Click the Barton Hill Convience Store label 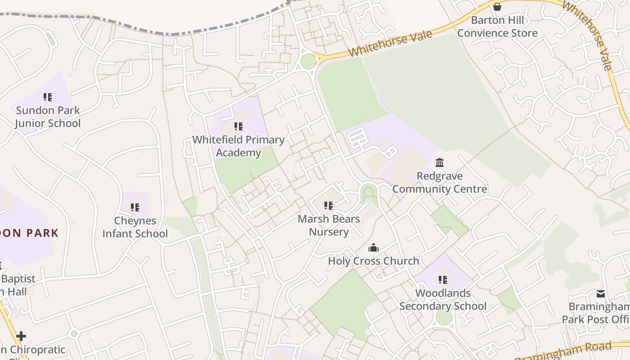pos(497,27)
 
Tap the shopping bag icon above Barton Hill pos(497,7)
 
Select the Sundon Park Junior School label pos(48,117)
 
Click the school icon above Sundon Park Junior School pos(48,97)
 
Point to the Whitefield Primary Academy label pos(238,146)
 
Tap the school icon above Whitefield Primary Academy pos(238,126)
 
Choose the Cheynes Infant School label pos(135,227)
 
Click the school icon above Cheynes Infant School pos(135,207)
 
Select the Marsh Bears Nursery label pos(329,225)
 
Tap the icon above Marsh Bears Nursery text pos(329,206)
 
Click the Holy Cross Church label pos(373,261)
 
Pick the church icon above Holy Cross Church pos(373,247)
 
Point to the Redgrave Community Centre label pos(440,182)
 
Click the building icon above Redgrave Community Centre pos(440,162)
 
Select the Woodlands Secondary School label pos(443,300)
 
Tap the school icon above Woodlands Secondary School pos(443,280)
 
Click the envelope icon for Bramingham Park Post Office pos(601,294)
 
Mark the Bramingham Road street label pos(565,352)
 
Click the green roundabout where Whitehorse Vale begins pos(308,61)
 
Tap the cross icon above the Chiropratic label pos(21,336)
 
